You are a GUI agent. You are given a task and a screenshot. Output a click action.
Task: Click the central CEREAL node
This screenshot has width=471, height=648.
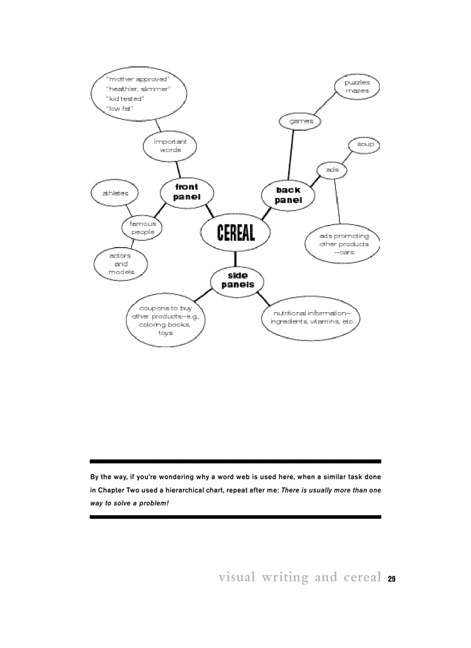[x=235, y=232]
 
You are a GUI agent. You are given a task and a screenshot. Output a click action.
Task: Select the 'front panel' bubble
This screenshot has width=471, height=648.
[x=186, y=192]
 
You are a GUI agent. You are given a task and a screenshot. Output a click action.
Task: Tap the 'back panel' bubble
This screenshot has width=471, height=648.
[x=288, y=195]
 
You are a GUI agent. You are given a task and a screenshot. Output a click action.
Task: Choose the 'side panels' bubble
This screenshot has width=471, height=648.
[x=237, y=280]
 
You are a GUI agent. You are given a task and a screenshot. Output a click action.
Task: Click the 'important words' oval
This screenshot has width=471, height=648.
[x=170, y=145]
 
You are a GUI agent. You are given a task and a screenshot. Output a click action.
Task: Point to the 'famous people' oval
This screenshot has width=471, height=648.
[x=142, y=228]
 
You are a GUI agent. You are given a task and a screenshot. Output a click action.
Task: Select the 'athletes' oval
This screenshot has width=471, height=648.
[x=115, y=193]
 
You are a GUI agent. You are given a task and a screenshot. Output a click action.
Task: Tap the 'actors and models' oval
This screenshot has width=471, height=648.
[x=121, y=264]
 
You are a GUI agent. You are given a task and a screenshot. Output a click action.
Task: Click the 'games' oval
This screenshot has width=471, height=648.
[x=300, y=121]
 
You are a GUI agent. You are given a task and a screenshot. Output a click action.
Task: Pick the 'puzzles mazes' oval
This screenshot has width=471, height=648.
[x=357, y=87]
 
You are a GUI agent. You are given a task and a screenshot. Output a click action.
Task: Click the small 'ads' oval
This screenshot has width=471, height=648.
[x=332, y=170]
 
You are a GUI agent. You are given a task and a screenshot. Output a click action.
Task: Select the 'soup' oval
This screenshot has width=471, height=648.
[x=364, y=144]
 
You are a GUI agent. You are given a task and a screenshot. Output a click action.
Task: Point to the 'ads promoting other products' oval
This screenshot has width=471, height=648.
[x=344, y=244]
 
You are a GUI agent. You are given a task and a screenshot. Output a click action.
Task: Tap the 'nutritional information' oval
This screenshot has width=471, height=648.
[x=311, y=317]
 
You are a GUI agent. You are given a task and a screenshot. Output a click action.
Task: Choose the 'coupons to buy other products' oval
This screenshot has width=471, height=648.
[x=165, y=320]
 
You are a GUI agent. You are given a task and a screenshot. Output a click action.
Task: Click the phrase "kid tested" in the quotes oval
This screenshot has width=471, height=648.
[x=125, y=99]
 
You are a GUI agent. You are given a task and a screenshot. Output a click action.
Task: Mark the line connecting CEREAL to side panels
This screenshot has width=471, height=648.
[x=235, y=259]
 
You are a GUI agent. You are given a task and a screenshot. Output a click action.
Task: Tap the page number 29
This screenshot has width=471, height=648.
[x=391, y=579]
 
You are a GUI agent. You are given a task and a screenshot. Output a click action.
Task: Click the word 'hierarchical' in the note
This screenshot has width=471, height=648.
[x=180, y=490]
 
